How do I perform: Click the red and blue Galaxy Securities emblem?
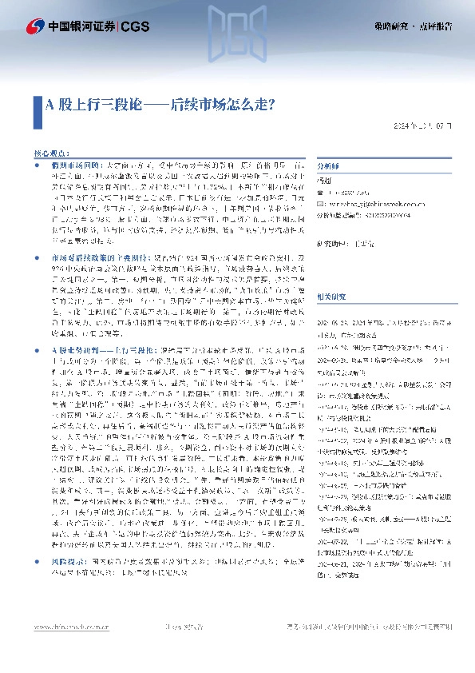point(35,27)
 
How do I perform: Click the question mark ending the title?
point(271,104)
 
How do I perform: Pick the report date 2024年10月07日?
point(427,126)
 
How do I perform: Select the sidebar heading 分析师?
point(329,167)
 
